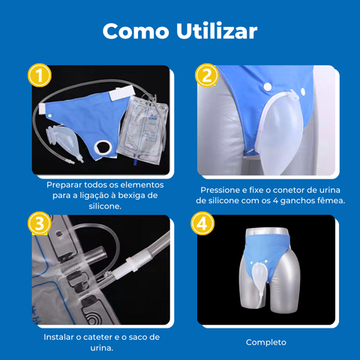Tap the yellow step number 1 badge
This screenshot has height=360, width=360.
point(38,76)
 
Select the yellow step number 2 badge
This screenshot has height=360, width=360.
point(205,76)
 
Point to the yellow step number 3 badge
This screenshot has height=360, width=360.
point(38,223)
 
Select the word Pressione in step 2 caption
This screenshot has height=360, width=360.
point(223,190)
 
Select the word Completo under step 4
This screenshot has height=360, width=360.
point(266,343)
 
